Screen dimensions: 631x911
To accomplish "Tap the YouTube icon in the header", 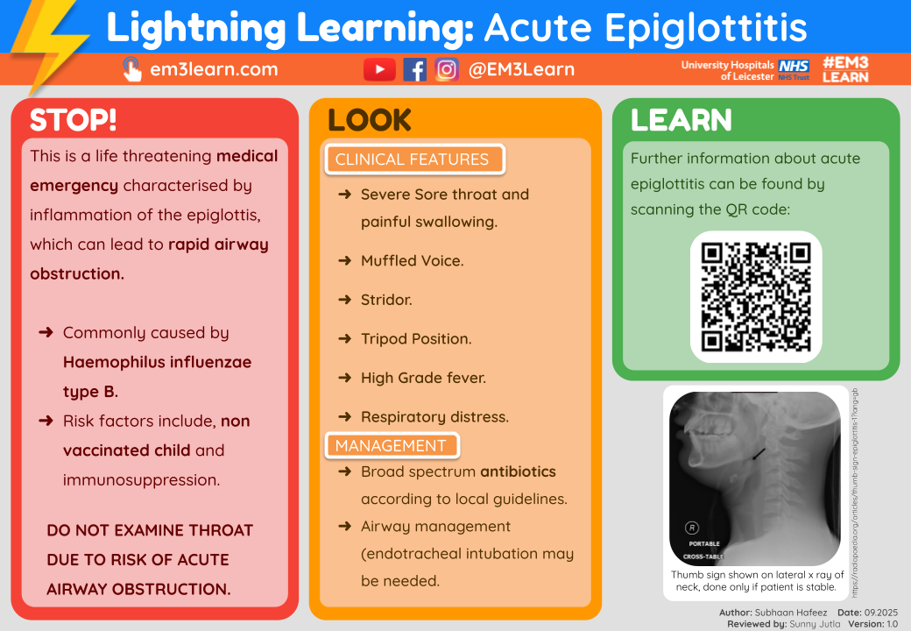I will tap(378, 70).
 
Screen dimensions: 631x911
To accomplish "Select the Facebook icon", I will tap(414, 70).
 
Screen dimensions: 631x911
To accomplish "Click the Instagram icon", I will tap(447, 70).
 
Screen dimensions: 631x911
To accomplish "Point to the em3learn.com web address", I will tap(214, 70).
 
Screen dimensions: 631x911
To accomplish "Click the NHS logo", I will tap(794, 67).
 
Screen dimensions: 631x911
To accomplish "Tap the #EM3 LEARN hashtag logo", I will tap(845, 70).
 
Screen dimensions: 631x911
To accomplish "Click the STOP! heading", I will tap(73, 120).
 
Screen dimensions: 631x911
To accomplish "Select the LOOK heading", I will tap(369, 120).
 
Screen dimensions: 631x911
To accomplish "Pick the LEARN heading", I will tap(681, 120).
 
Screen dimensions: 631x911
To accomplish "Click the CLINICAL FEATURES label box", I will tap(412, 160).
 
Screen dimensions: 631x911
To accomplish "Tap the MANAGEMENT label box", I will tap(391, 445).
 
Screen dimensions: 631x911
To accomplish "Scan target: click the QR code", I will tap(756, 296).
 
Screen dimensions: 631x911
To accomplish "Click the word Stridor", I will tap(386, 300).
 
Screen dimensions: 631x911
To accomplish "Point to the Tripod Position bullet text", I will tap(416, 339).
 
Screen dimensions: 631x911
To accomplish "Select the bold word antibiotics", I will tap(518, 471).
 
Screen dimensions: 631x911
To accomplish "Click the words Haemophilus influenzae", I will tap(157, 362).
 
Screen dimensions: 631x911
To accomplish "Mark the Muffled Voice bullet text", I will tap(412, 261).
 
